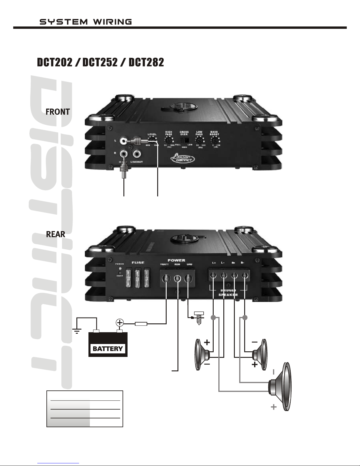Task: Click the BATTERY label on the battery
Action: coord(108,349)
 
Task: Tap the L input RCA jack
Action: coord(123,141)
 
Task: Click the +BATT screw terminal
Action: coord(166,278)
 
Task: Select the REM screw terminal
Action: coord(178,278)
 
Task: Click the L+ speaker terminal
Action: coord(213,275)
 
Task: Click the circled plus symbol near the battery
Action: coord(120,323)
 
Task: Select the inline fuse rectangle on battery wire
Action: coord(141,324)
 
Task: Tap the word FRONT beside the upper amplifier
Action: coord(58,112)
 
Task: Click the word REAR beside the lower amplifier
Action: coord(56,234)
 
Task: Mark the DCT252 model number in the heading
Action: coord(100,62)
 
